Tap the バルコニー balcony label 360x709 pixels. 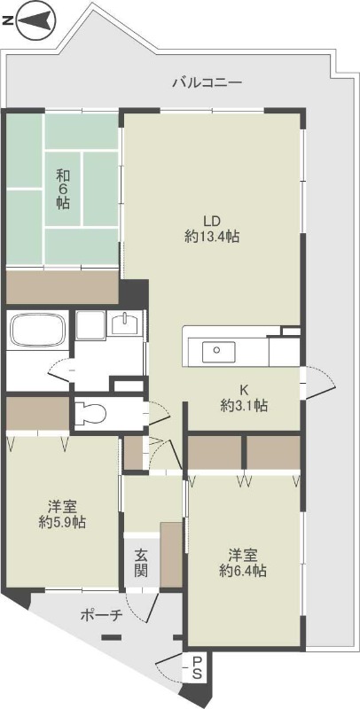(x=207, y=82)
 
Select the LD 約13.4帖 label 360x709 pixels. (x=212, y=229)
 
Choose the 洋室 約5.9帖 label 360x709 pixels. (x=61, y=515)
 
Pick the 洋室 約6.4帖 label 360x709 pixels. (x=242, y=564)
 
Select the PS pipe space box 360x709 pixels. (x=196, y=667)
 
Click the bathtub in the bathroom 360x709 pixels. (x=36, y=332)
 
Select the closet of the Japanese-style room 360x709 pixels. (x=62, y=286)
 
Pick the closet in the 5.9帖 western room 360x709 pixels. (x=37, y=414)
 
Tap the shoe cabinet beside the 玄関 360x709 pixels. (x=171, y=555)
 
